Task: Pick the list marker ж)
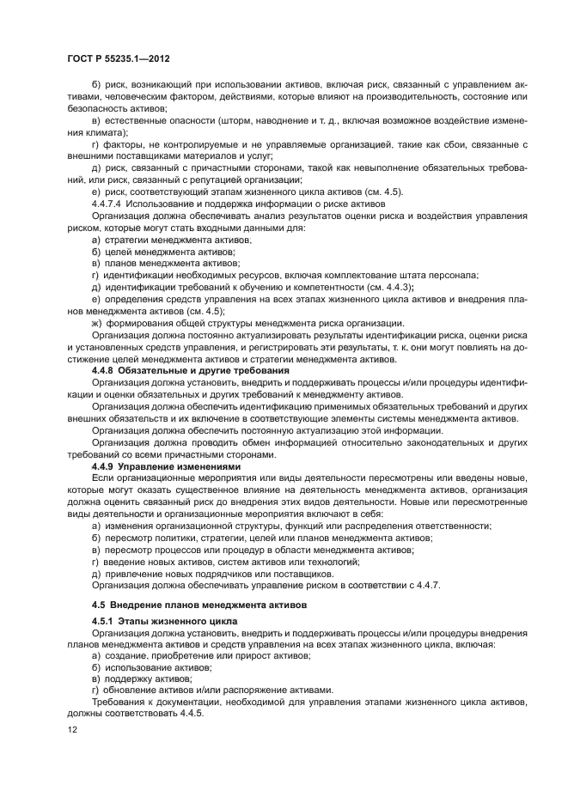point(96,322)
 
